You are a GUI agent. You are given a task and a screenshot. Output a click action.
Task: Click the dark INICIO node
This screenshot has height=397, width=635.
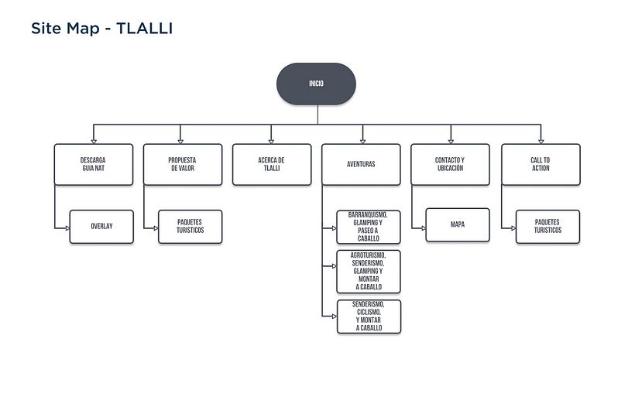coord(316,84)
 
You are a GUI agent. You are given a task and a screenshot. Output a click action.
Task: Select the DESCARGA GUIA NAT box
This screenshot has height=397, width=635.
coord(92,164)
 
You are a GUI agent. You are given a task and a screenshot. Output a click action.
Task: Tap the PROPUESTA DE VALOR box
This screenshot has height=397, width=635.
coord(181,164)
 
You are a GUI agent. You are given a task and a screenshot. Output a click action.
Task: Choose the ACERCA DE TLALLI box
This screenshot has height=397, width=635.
coord(271,164)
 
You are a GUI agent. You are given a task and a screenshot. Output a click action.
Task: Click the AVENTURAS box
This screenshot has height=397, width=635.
coord(361,164)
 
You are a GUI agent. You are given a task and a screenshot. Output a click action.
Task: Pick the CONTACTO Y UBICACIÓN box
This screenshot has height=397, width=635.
coord(450,164)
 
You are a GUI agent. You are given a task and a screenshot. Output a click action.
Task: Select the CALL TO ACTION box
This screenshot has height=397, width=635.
coord(541,164)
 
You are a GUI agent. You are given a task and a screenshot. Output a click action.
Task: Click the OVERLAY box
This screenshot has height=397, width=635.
coord(101,227)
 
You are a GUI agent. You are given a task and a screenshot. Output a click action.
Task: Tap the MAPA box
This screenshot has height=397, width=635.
coord(458,225)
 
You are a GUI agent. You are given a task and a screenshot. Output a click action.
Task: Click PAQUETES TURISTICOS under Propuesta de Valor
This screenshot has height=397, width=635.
coord(190,227)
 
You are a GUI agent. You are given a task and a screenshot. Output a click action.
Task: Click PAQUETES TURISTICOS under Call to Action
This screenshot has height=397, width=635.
coord(548,227)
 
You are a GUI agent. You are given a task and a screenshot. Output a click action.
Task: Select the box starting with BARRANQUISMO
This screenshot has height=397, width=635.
coord(369,227)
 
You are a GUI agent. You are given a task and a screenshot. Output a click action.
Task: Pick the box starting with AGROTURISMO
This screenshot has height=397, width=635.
coord(369,270)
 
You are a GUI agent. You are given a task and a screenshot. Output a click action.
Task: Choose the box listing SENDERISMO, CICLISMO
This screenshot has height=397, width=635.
coord(369,317)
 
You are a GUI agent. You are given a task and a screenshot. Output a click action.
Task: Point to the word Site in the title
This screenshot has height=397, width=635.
coord(45,29)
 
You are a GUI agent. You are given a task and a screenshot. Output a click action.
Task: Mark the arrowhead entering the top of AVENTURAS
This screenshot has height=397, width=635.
coord(361,141)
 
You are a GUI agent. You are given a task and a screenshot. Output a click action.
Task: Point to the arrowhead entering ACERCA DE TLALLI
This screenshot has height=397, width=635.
coord(271,141)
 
